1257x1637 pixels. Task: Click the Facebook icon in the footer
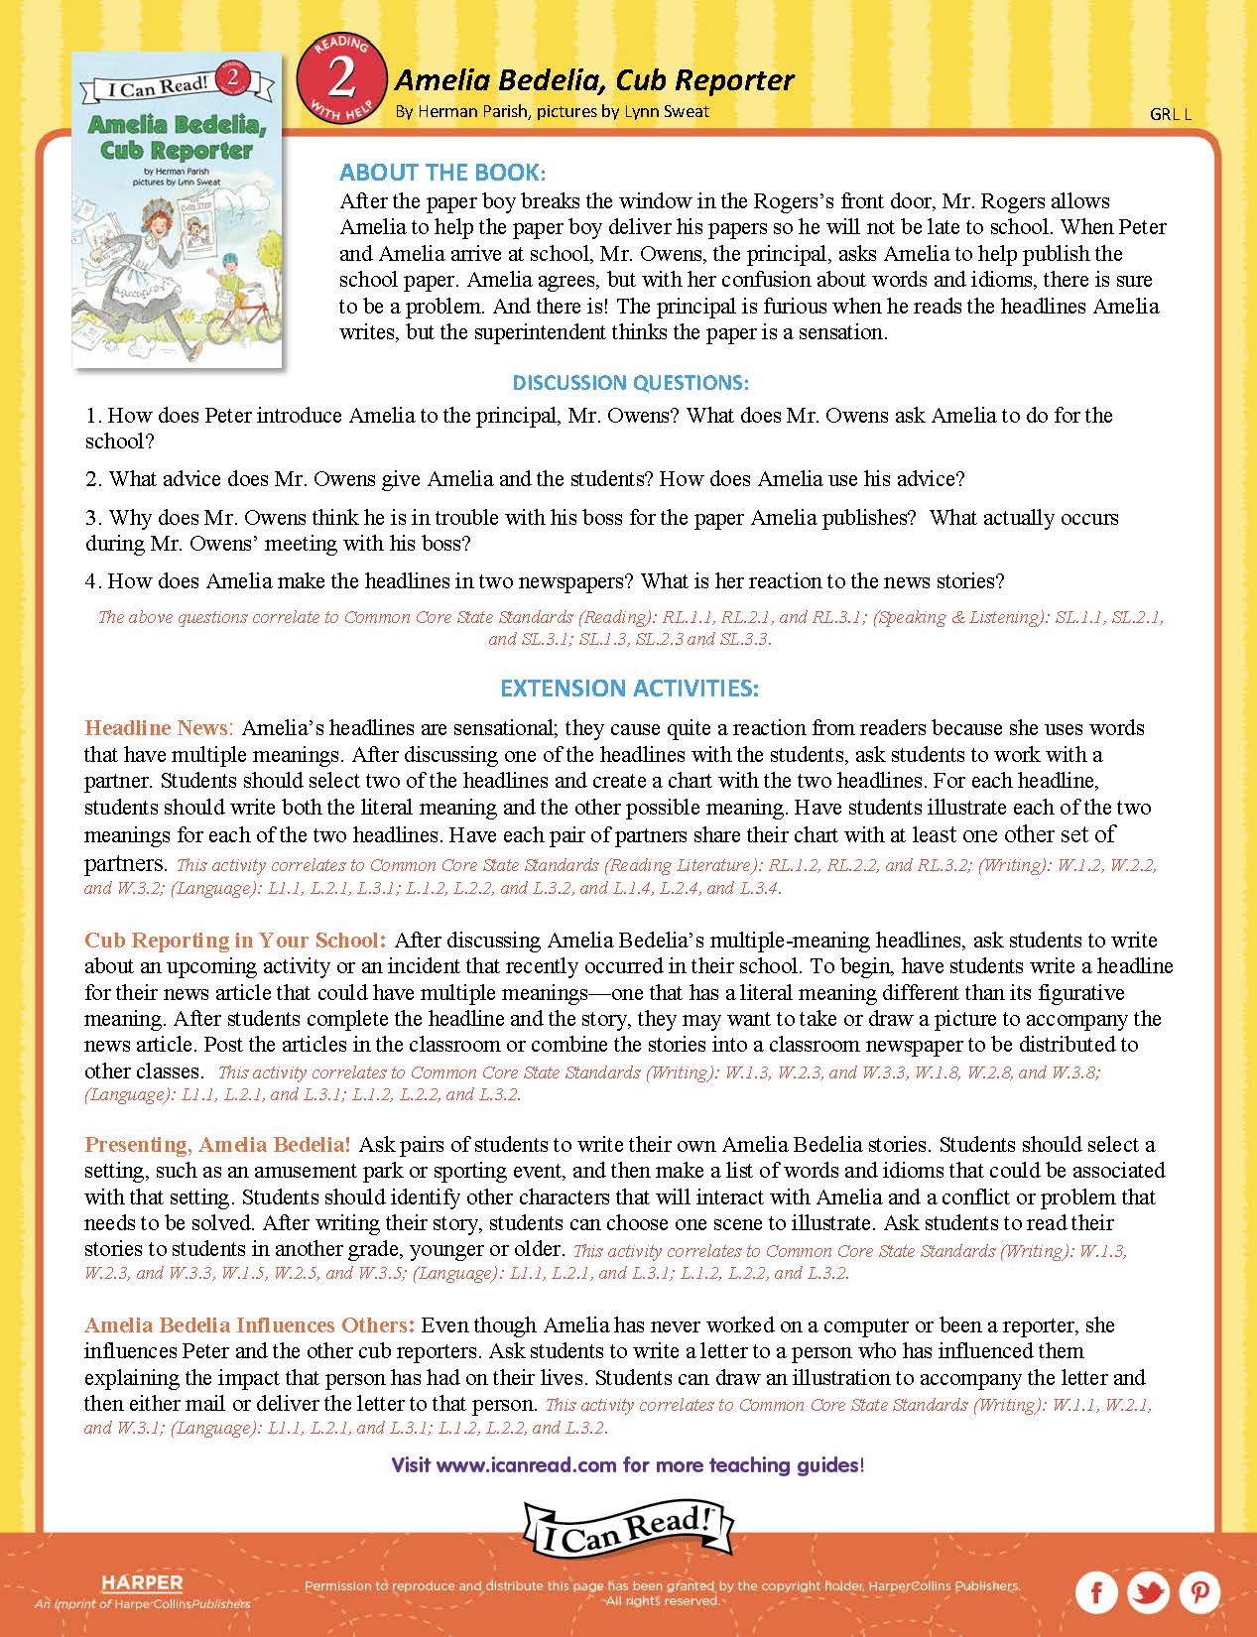(x=1096, y=1593)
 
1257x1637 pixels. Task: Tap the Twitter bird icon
(x=1148, y=1593)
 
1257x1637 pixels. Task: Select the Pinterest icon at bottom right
(x=1199, y=1593)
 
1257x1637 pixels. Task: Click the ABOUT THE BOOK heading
(x=442, y=173)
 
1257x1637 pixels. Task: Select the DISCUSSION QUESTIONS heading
(x=630, y=382)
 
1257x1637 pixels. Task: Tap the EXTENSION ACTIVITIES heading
(x=629, y=688)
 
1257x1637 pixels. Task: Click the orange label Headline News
(x=157, y=728)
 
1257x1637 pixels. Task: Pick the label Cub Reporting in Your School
(x=235, y=940)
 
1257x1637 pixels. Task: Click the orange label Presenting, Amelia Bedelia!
(x=217, y=1145)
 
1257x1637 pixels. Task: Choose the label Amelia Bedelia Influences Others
(x=249, y=1325)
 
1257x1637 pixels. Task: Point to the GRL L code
(x=1170, y=114)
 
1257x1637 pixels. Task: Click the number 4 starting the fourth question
(x=91, y=581)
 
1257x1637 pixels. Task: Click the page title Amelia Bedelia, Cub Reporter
(x=594, y=79)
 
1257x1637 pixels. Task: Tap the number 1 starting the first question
(x=91, y=416)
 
